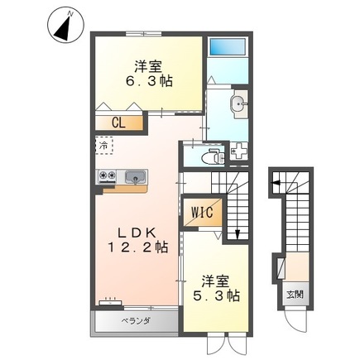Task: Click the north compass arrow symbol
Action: coord(64,26)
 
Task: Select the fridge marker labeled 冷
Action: coord(103,146)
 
